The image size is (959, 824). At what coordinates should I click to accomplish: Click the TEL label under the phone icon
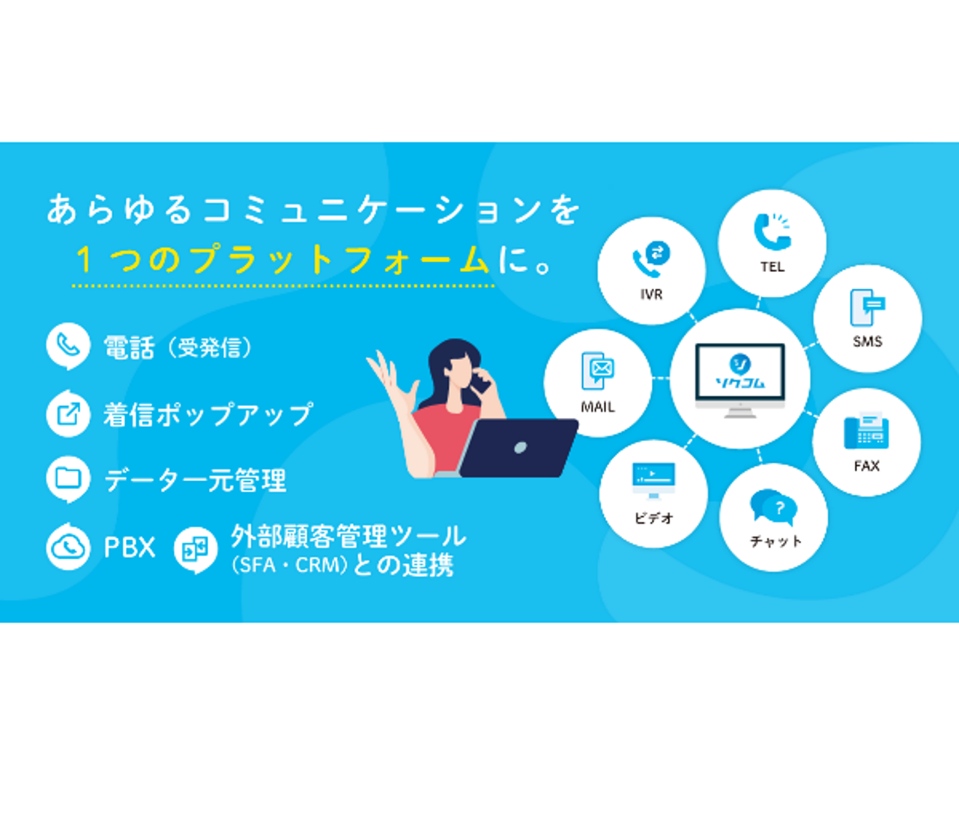click(772, 267)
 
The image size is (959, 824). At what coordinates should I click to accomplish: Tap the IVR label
click(651, 294)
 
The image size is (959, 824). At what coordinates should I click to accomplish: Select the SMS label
click(868, 342)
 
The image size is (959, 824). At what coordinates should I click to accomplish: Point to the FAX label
click(867, 466)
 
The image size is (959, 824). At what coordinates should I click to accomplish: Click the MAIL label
click(598, 407)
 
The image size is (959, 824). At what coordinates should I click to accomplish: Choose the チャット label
click(775, 541)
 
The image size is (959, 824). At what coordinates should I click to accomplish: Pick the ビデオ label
click(653, 518)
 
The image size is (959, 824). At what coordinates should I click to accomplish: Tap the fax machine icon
click(866, 431)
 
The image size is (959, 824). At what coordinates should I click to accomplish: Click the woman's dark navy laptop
click(518, 447)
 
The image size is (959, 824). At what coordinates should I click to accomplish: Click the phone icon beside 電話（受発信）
click(68, 345)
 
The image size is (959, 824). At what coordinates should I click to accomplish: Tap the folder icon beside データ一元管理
click(68, 478)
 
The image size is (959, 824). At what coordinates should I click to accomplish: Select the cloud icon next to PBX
click(68, 548)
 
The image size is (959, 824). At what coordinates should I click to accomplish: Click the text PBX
click(129, 548)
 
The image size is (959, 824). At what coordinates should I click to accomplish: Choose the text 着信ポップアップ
click(208, 414)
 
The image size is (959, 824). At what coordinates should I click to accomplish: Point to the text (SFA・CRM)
click(289, 565)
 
